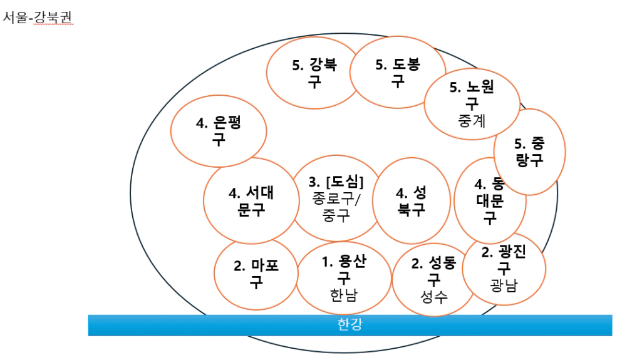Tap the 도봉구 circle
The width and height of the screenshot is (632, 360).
coord(397,73)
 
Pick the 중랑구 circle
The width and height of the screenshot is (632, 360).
coord(529,152)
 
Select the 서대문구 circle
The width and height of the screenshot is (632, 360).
coord(250,201)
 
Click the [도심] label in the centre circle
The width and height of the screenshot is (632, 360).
coord(344,182)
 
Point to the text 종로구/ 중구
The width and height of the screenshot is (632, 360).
coord(336,207)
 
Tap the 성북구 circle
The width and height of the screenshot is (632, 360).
coord(411,200)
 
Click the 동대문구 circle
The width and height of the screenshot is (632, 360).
coord(489,201)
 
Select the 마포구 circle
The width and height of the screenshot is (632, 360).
coord(256,274)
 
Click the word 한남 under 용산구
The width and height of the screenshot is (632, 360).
coord(343,295)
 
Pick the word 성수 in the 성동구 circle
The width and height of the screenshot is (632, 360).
coord(433,297)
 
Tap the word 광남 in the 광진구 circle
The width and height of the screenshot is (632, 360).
coord(504,286)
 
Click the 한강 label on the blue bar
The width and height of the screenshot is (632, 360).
coord(350,324)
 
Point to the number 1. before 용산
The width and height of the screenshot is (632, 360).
coord(328,262)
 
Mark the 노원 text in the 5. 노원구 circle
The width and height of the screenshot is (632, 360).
coord(480,88)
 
